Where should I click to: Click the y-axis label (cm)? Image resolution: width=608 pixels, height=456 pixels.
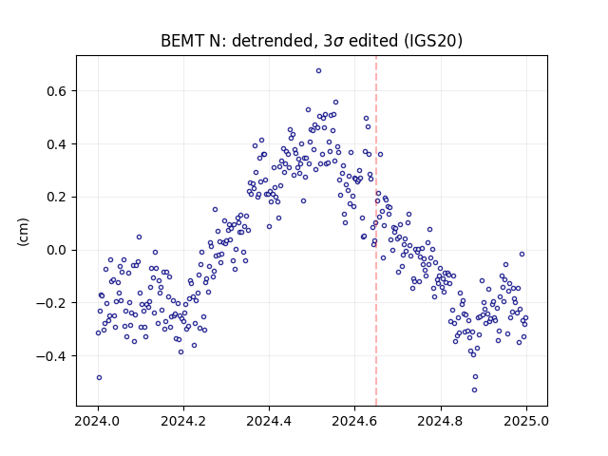click(x=23, y=232)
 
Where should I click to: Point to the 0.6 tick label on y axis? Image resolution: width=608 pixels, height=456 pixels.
click(x=57, y=91)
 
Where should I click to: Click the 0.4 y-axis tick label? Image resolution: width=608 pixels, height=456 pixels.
click(x=57, y=144)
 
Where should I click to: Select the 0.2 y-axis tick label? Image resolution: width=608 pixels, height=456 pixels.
click(x=57, y=197)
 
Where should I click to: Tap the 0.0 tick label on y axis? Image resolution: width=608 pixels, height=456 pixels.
click(x=57, y=250)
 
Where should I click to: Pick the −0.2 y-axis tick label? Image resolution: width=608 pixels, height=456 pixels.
click(x=51, y=303)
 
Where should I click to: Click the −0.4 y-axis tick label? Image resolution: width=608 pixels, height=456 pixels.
click(x=51, y=356)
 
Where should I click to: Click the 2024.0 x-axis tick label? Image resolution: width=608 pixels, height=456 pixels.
click(x=98, y=421)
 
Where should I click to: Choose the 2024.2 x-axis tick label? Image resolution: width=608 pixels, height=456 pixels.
click(x=183, y=421)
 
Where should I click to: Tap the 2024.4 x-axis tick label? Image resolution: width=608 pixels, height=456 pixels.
click(x=269, y=421)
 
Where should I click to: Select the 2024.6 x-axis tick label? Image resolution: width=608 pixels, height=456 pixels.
click(x=354, y=421)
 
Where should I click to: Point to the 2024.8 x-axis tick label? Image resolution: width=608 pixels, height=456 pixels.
click(x=441, y=421)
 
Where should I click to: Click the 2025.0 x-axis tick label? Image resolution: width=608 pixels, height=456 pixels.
click(x=526, y=421)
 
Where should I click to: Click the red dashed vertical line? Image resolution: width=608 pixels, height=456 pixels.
click(x=376, y=231)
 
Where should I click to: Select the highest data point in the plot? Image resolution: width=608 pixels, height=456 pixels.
click(x=319, y=71)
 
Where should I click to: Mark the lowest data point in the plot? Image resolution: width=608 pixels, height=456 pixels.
click(x=474, y=390)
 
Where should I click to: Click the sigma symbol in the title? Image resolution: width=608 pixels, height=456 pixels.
click(x=338, y=42)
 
